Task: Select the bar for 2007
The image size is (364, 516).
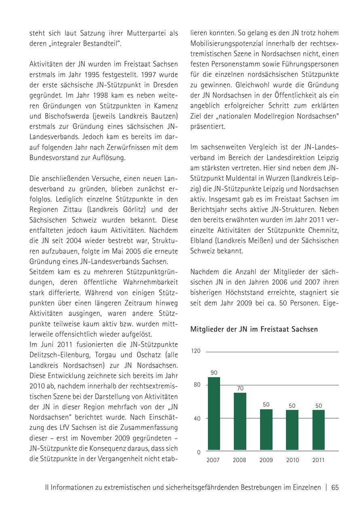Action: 214,414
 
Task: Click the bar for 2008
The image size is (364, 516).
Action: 240,421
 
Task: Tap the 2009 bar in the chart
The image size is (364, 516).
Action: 266,429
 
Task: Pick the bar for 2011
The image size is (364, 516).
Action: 319,430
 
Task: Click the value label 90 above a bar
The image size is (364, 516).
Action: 214,372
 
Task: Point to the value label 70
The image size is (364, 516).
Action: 240,388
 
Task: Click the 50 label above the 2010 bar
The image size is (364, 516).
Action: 292,405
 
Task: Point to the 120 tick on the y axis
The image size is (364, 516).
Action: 196,351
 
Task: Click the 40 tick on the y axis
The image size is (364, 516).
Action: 197,419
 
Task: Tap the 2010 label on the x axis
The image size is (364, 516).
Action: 292,460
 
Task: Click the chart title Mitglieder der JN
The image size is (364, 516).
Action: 254,329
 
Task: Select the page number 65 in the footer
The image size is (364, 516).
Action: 335,488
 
